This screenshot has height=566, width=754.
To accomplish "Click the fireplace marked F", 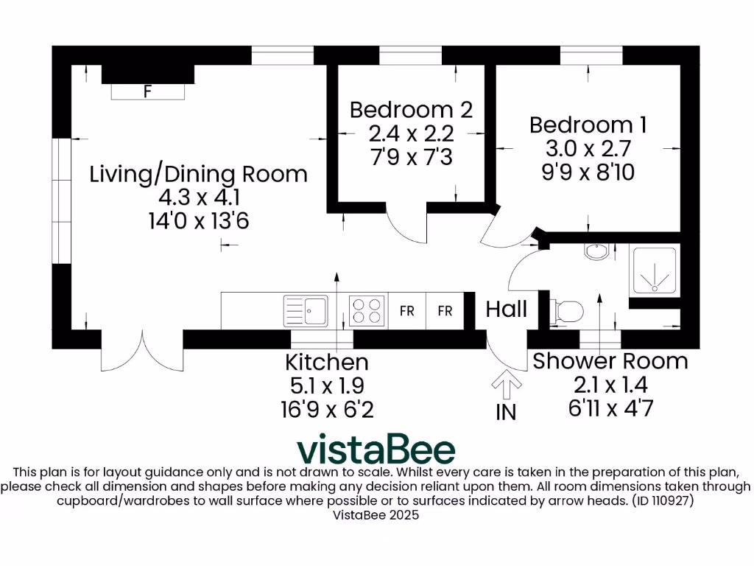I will coord(148,91).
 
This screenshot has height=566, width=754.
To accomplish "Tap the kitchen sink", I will coord(306,310).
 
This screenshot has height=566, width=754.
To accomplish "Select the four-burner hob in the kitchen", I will coord(367,310).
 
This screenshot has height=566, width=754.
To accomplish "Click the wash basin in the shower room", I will coord(596,252).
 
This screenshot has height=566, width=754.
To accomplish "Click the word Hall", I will coord(506,309).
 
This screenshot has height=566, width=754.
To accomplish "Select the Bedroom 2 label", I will coord(411,110).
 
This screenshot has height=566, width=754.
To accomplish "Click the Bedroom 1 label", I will coord(588,125).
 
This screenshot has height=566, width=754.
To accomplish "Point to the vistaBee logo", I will coord(376,449).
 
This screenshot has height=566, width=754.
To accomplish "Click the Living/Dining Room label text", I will coord(198,174).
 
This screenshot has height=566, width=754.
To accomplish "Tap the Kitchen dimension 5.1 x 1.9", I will coord(326,385).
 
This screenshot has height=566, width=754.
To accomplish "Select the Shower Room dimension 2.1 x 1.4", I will coord(610,384).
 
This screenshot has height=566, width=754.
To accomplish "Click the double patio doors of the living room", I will coord(142,352).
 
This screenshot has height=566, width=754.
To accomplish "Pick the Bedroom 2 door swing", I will coord(407,226).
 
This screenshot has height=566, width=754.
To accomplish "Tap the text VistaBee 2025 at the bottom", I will coord(376,516).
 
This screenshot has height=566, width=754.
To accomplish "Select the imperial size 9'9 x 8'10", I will coord(588,172).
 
